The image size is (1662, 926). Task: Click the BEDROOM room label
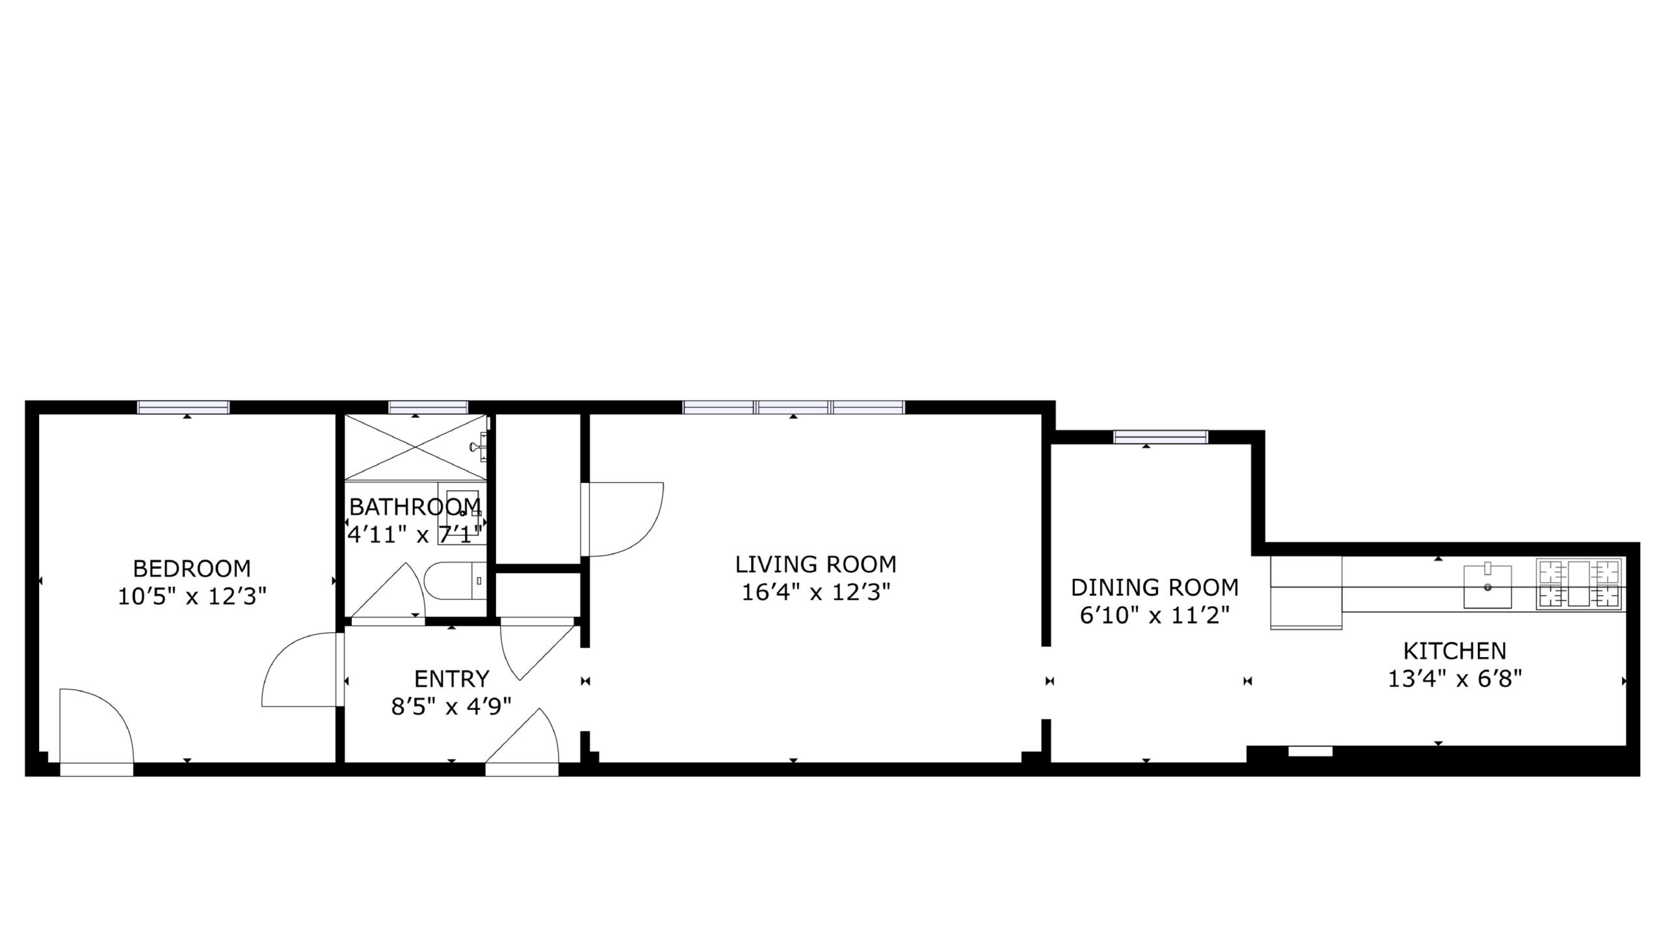coord(192,569)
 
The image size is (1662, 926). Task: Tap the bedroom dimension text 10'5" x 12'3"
coord(192,597)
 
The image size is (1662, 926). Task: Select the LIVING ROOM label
coord(815,564)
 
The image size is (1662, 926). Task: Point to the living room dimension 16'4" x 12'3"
coord(815,592)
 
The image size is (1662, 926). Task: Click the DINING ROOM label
coord(1155,587)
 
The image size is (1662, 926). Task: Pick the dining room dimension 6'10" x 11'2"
coord(1155,615)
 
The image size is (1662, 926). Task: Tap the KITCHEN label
coord(1455,650)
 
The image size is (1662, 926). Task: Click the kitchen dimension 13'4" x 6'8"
coord(1455,679)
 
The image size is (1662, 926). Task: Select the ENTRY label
coord(451,678)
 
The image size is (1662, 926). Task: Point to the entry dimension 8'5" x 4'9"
coord(451,706)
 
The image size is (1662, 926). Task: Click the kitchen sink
coord(1487,587)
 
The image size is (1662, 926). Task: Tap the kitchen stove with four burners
coord(1579,584)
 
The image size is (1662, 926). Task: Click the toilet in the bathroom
coord(455,580)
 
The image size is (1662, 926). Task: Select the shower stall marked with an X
coord(415,447)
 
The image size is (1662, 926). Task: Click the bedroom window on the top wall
coord(183,407)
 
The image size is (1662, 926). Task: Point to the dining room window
coord(1161,437)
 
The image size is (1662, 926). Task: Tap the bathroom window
coord(428,407)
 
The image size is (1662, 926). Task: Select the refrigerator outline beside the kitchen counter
coord(1306,593)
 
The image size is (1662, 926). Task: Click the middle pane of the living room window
coord(793,407)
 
